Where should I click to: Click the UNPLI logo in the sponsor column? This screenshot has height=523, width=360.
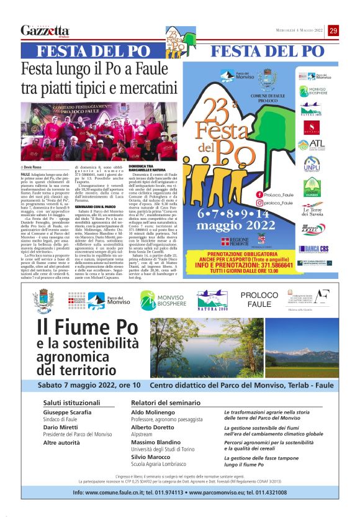(312, 165)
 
